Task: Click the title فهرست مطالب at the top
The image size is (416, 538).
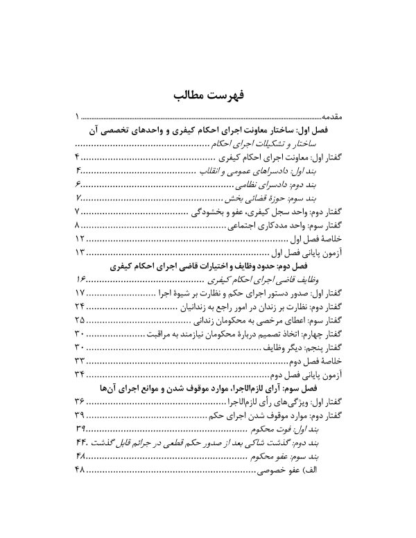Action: click(208, 94)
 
